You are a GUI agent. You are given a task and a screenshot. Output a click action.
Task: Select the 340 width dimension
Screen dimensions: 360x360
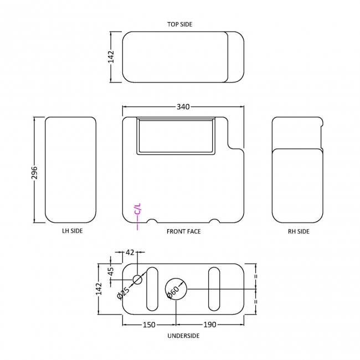click(183, 107)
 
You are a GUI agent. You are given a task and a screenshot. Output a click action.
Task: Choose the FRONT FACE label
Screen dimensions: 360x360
click(183, 231)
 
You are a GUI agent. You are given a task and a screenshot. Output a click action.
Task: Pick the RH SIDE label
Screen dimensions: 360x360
click(299, 231)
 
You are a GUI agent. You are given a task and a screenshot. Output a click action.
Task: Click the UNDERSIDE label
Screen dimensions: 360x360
click(183, 336)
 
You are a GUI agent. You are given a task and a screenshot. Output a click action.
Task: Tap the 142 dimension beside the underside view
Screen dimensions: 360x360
click(99, 289)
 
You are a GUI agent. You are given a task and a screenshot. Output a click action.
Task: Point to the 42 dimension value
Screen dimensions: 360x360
click(130, 253)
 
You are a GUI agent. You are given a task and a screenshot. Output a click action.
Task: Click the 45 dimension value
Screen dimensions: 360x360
click(110, 271)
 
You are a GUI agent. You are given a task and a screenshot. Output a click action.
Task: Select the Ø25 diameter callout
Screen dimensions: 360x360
click(122, 292)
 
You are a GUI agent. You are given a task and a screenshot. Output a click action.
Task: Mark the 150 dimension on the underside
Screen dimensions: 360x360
click(149, 325)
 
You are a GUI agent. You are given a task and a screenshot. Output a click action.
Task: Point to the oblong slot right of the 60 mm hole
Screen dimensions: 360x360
click(213, 289)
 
